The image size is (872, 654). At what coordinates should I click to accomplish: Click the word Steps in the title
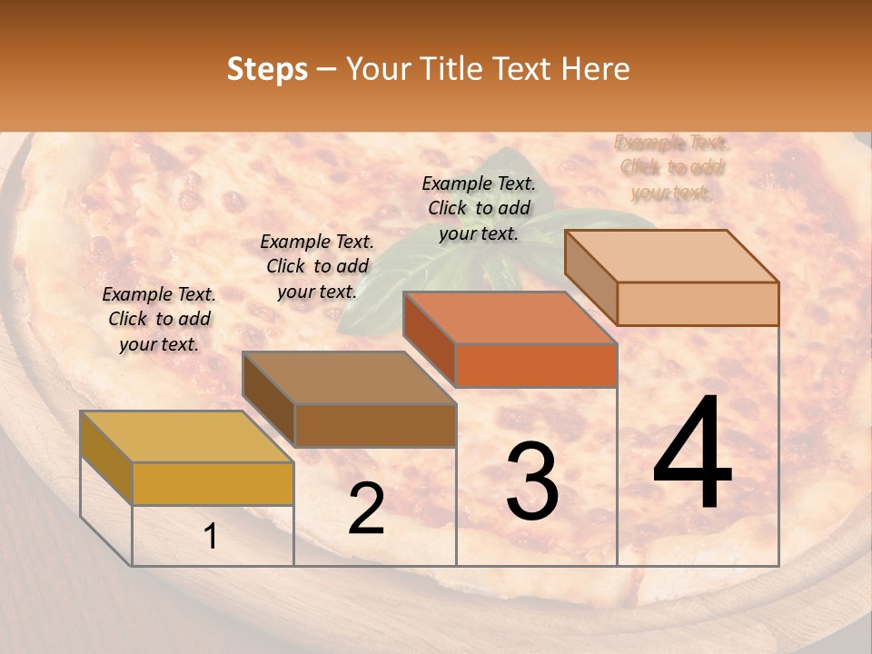click(267, 70)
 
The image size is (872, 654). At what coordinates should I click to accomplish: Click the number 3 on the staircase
click(531, 481)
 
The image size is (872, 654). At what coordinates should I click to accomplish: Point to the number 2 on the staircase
click(366, 509)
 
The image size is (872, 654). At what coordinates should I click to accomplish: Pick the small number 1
click(211, 537)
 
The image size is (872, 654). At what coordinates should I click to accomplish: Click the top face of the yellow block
click(186, 437)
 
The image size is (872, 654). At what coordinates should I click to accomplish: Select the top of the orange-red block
click(510, 318)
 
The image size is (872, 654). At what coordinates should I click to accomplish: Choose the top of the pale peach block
click(671, 256)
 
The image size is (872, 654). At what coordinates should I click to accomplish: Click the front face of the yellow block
click(213, 483)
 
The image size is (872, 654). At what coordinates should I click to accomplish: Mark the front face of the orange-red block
click(536, 365)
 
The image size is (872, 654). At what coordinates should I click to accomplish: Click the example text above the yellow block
click(159, 319)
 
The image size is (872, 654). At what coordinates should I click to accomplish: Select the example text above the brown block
click(317, 266)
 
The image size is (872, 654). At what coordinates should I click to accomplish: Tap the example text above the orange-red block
click(479, 208)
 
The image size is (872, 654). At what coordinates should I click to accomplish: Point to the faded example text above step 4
click(671, 167)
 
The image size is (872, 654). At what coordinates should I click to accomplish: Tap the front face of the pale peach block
click(698, 303)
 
